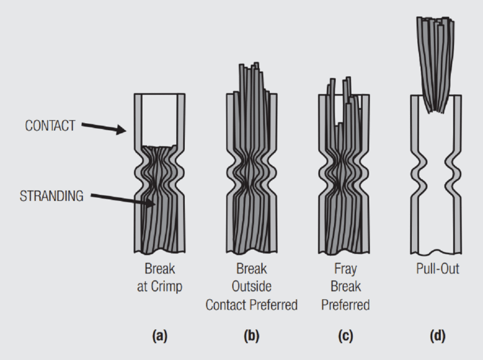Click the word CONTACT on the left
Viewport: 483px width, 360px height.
point(51,125)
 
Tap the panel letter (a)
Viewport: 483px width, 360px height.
point(160,336)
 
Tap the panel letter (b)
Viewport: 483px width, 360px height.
point(252,336)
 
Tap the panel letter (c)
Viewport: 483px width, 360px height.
point(343,336)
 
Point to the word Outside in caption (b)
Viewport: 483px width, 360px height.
point(252,287)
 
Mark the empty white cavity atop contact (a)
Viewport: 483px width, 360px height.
point(160,119)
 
